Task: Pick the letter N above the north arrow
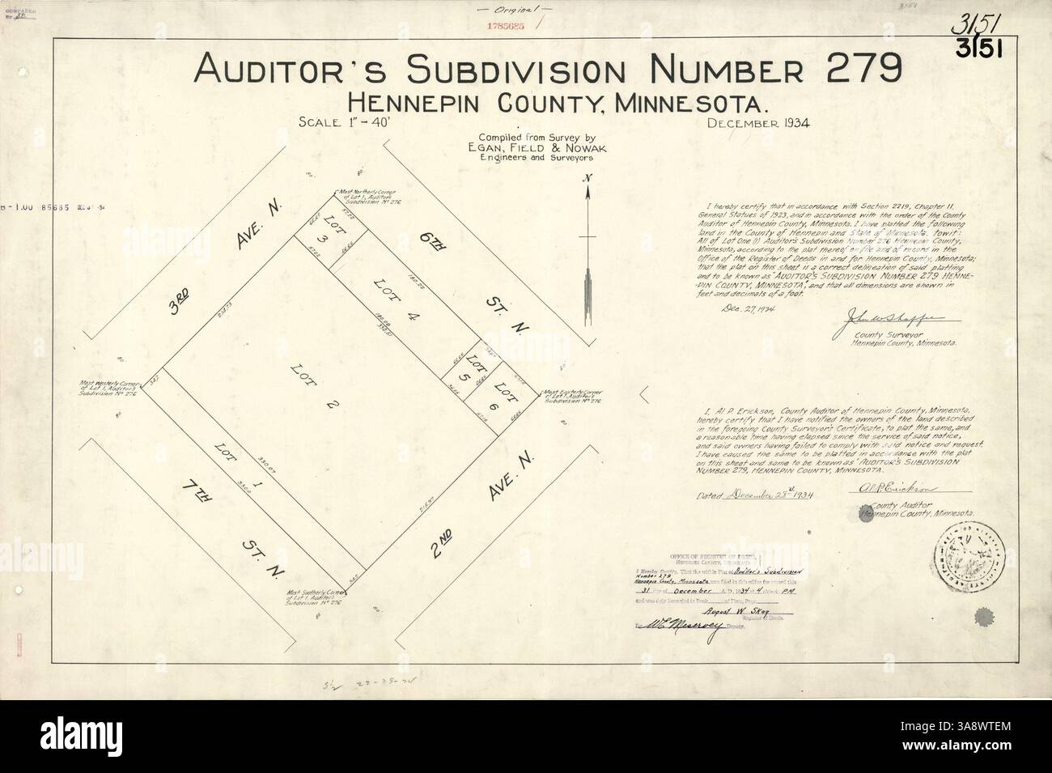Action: click(590, 177)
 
